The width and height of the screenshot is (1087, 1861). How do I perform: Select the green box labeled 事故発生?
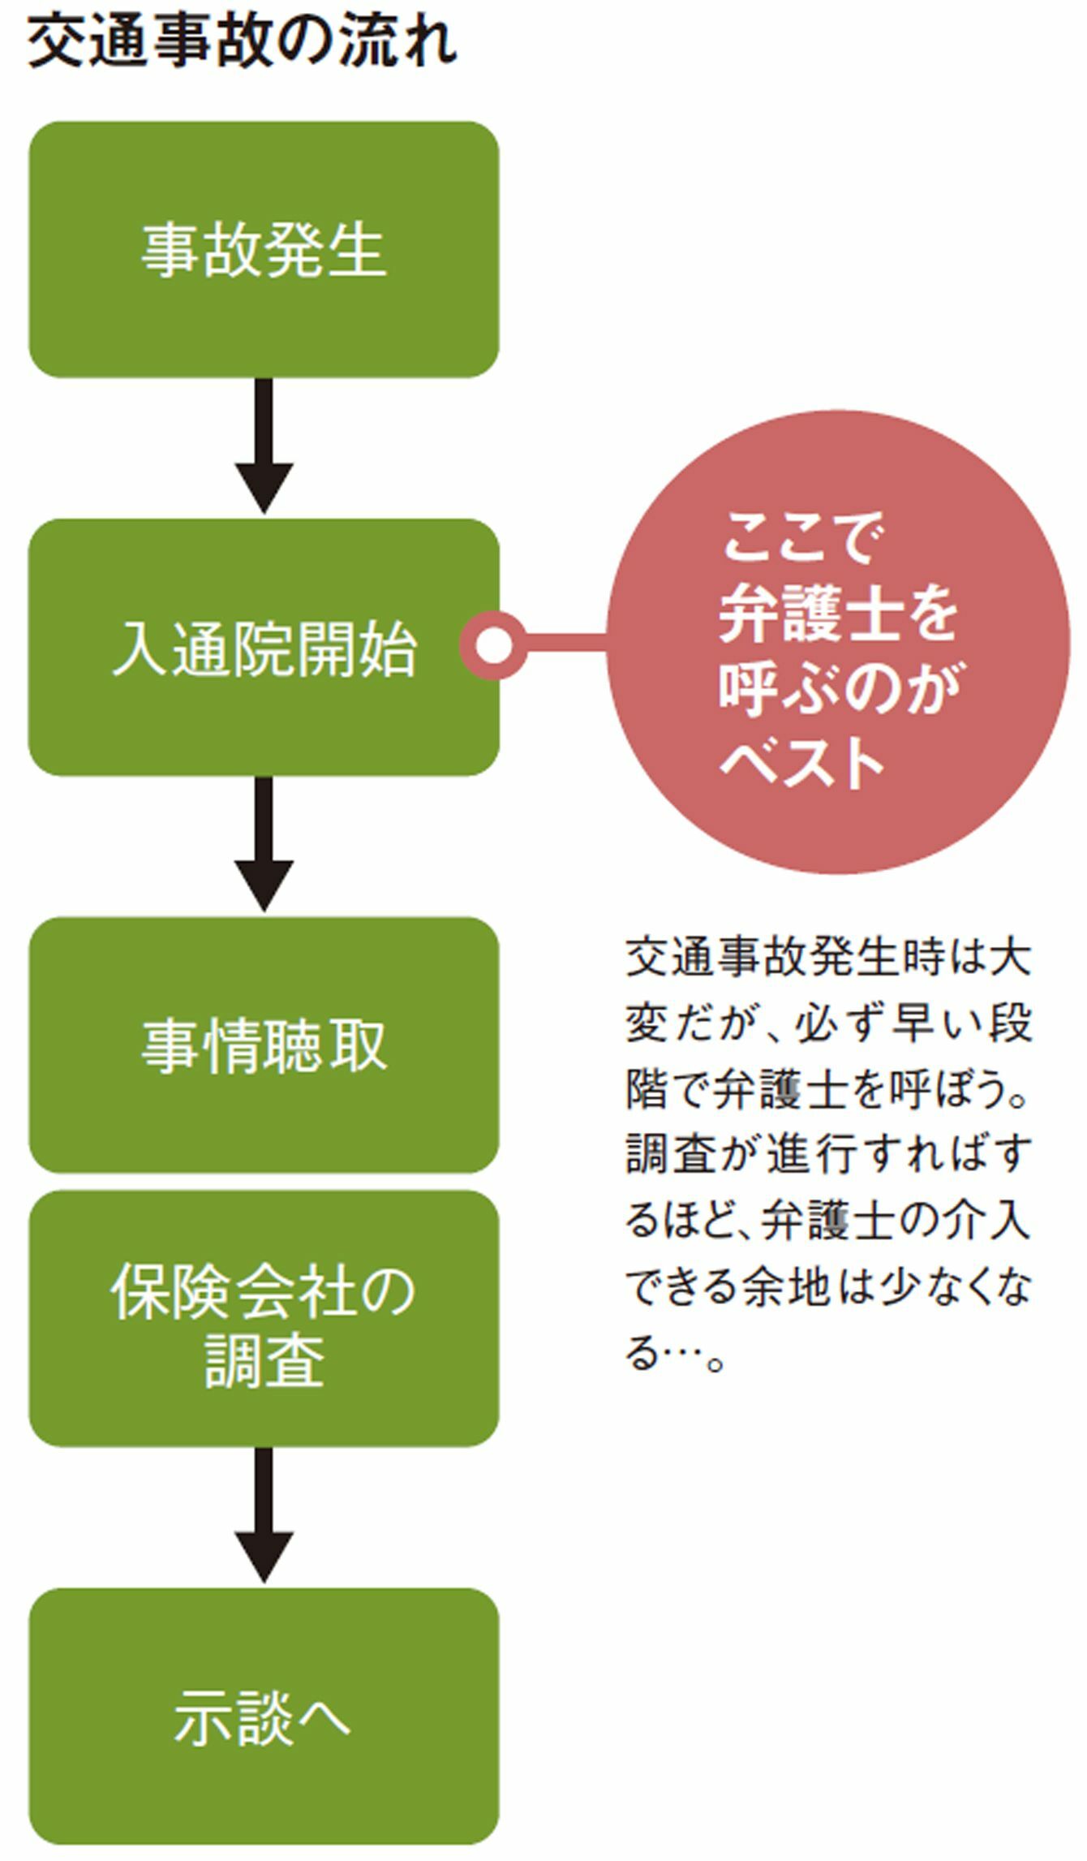tap(264, 250)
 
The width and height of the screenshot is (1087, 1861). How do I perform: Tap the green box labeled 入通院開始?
tap(264, 648)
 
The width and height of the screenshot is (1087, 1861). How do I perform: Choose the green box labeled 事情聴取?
tap(264, 1045)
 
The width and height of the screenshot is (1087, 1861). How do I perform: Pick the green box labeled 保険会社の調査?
tap(264, 1319)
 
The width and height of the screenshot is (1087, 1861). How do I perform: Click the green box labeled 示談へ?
tap(264, 1717)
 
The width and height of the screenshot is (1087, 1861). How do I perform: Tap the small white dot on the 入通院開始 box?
tap(493, 645)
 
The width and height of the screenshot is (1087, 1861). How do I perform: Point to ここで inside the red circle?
tap(799, 538)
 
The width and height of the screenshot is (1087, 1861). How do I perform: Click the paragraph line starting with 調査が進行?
tap(827, 1153)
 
